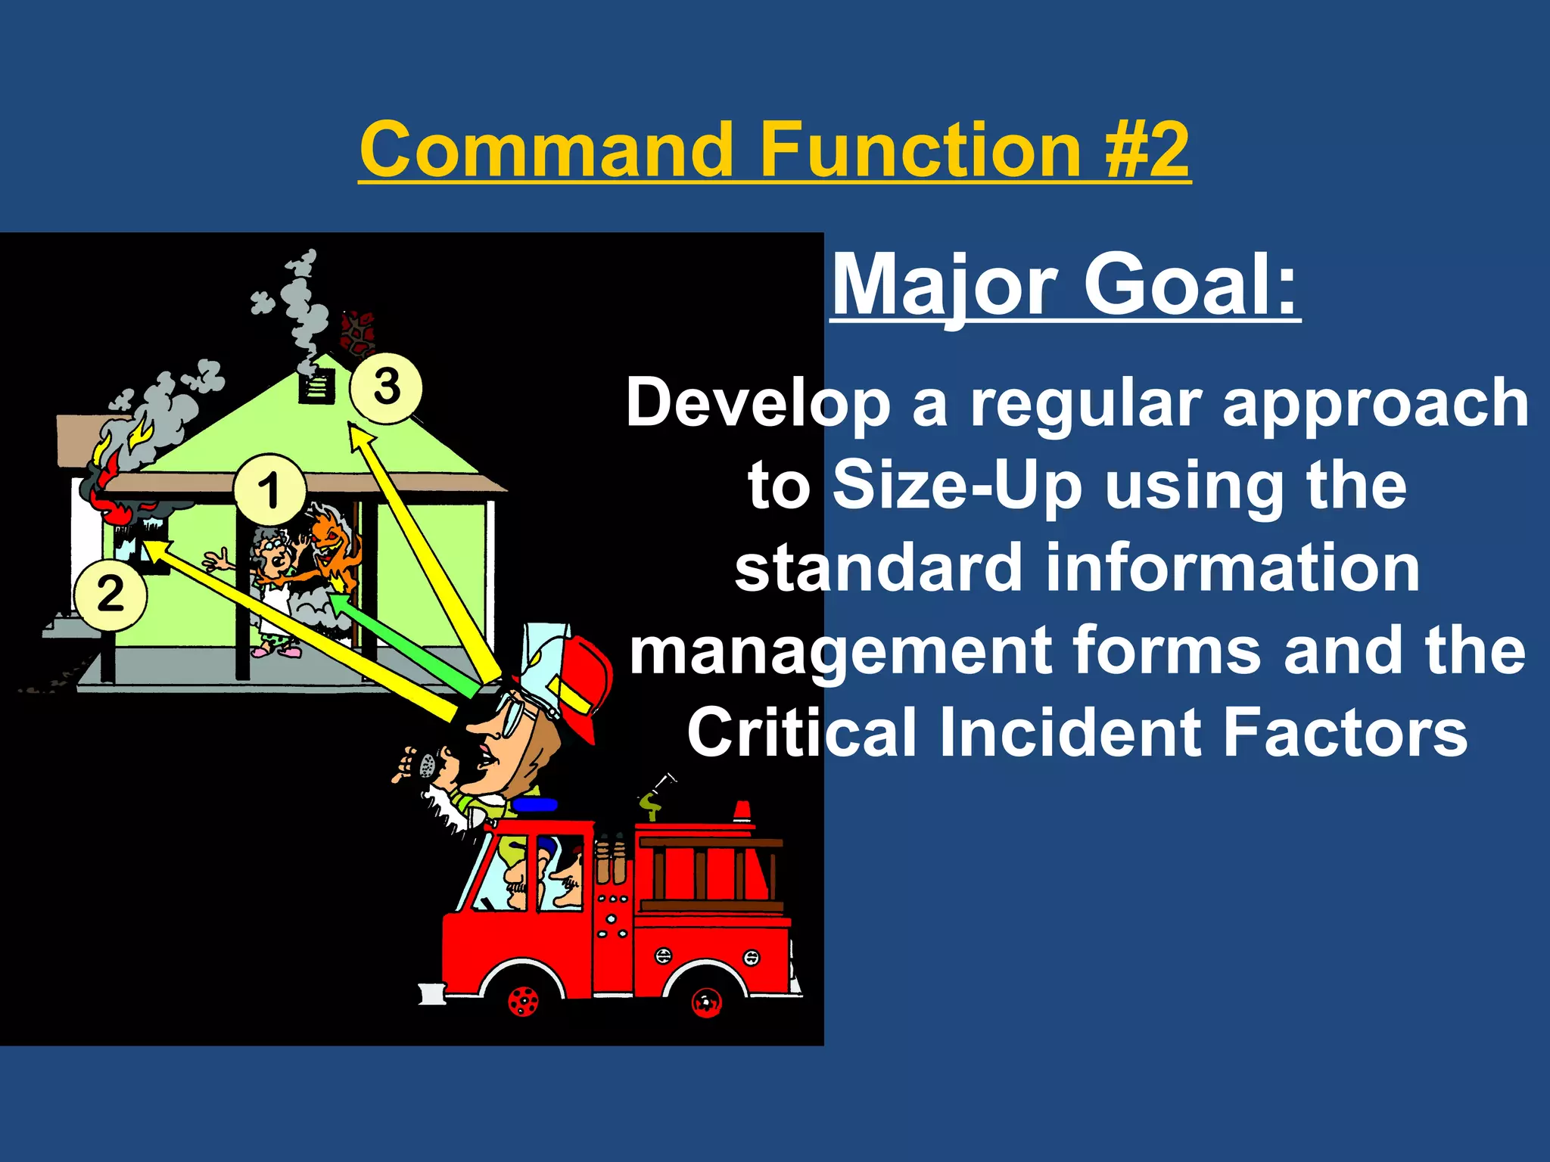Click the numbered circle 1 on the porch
pyautogui.click(x=269, y=490)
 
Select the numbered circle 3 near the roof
pyautogui.click(x=386, y=387)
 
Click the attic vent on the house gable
pyautogui.click(x=316, y=387)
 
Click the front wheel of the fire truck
pyautogui.click(x=523, y=1001)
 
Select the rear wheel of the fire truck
pyautogui.click(x=706, y=1002)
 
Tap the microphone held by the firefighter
pyautogui.click(x=426, y=766)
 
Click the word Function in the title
pyautogui.click(x=920, y=149)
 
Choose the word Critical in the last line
pyautogui.click(x=801, y=732)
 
